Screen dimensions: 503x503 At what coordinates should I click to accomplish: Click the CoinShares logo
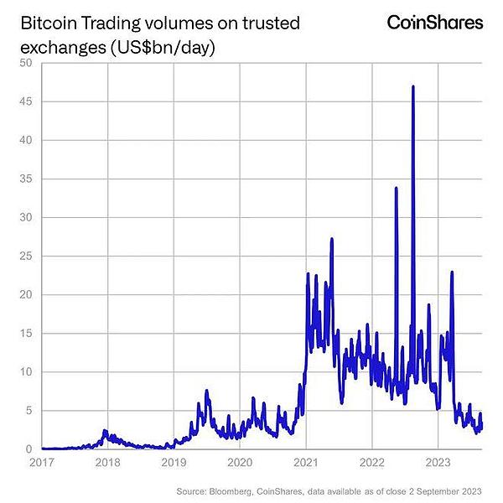(x=434, y=23)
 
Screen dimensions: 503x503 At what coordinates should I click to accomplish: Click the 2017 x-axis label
(x=41, y=462)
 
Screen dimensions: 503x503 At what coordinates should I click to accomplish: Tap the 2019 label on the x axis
(x=174, y=462)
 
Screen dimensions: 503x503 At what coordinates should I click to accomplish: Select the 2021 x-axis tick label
(x=307, y=462)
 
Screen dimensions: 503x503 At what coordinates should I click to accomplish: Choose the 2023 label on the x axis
(x=439, y=462)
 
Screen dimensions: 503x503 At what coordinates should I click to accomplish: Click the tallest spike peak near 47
(x=413, y=87)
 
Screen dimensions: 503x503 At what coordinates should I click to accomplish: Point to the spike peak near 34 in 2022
(x=396, y=189)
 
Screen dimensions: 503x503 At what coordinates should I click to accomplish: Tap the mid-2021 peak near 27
(x=332, y=240)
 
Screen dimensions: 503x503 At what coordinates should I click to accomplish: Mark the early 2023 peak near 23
(x=452, y=272)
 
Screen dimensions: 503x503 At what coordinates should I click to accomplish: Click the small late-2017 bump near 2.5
(x=106, y=430)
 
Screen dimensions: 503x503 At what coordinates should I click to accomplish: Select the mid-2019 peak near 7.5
(x=206, y=391)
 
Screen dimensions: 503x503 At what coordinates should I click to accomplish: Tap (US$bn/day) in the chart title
(x=158, y=48)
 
